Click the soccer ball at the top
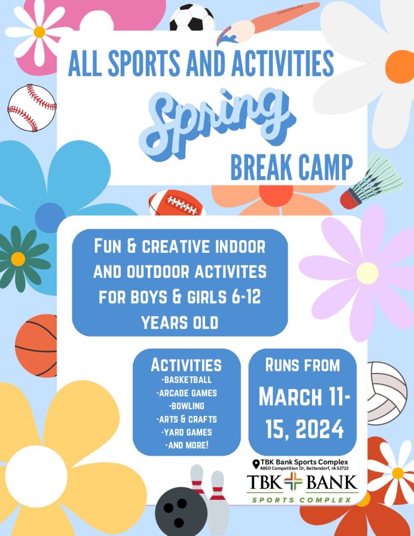tap(192, 19)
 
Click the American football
tap(176, 204)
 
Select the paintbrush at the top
tap(267, 24)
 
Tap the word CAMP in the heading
tap(321, 167)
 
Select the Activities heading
tap(186, 364)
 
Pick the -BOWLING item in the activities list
tap(186, 406)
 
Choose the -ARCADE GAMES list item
tap(186, 393)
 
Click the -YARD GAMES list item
tap(186, 432)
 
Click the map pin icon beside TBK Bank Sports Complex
tap(255, 463)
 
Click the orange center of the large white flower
tap(400, 66)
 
